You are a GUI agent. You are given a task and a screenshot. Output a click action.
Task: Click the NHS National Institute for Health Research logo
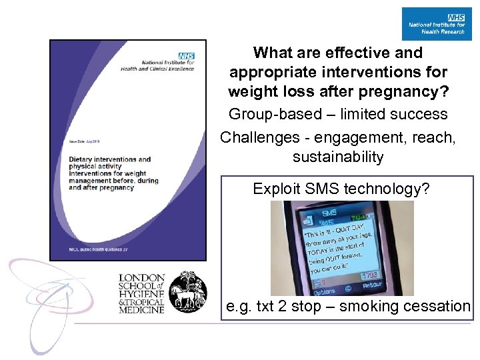436,23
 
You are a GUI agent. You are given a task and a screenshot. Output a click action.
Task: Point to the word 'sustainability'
338,157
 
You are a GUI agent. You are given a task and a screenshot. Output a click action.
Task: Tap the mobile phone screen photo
342,248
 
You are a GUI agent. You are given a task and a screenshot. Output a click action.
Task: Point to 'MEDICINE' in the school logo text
141,309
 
